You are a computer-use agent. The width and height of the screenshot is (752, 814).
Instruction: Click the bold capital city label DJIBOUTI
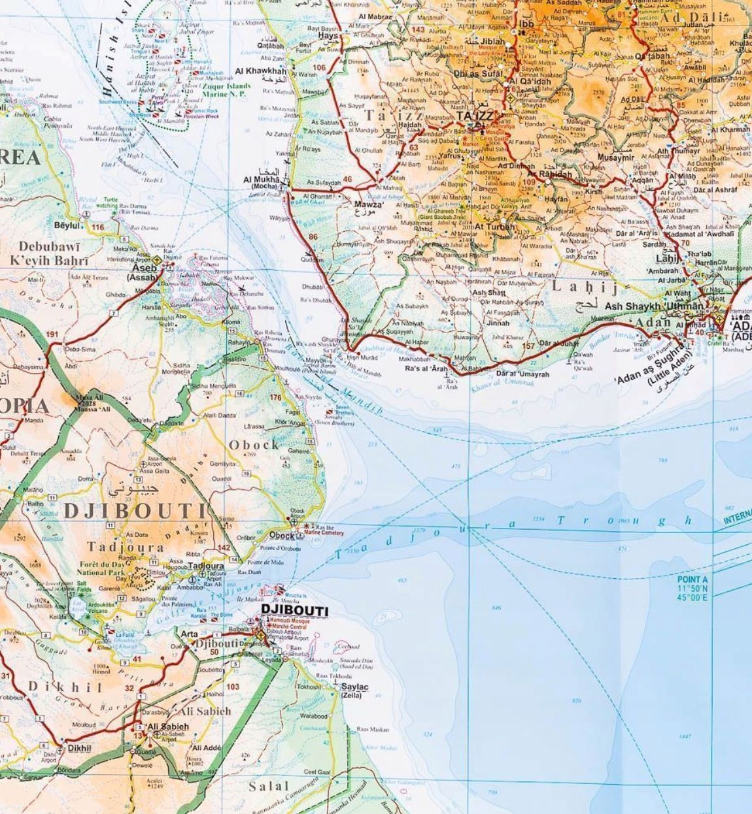(x=294, y=610)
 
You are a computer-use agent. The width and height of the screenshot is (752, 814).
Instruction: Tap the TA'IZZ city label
(x=477, y=116)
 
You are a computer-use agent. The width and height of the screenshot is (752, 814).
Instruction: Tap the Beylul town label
(x=67, y=225)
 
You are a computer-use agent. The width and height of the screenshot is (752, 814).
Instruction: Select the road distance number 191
(x=52, y=334)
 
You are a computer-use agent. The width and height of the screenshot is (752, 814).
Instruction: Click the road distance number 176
(x=275, y=397)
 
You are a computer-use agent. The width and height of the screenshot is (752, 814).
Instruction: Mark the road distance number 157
(x=528, y=346)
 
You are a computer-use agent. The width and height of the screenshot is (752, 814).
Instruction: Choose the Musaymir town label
(x=615, y=157)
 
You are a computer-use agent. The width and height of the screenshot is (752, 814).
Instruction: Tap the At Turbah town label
(x=495, y=227)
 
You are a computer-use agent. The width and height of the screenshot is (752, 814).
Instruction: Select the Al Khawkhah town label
(x=260, y=71)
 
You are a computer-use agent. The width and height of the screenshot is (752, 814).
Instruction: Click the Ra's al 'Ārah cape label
(x=426, y=368)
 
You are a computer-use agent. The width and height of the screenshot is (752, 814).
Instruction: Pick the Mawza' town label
(x=368, y=204)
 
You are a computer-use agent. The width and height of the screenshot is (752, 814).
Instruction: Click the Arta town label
(x=189, y=634)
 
